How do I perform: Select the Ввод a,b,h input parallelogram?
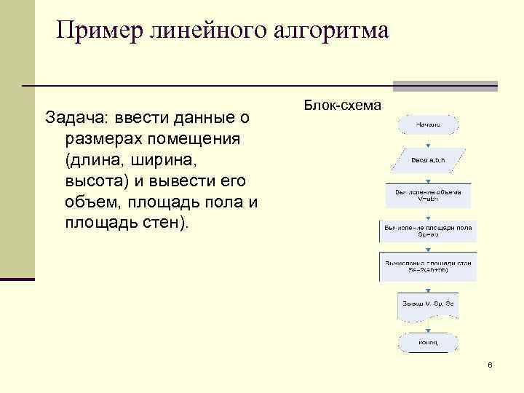pos(428,159)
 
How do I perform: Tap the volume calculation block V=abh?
pos(427,195)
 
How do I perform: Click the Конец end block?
pos(427,343)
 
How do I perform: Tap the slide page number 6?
pos(490,364)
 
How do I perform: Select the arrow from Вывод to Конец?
pos(427,325)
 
